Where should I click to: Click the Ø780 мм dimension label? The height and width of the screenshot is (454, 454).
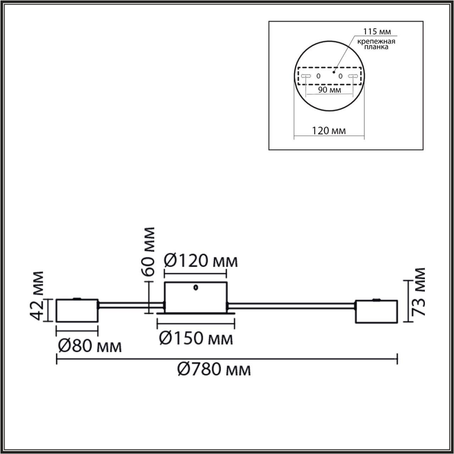pyautogui.click(x=213, y=370)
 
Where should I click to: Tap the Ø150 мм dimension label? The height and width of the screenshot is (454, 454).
pyautogui.click(x=196, y=338)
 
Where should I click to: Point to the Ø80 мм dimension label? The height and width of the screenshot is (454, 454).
pyautogui.click(x=89, y=347)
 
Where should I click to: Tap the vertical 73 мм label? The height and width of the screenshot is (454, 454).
pyautogui.click(x=418, y=291)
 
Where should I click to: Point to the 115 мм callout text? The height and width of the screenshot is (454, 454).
pyautogui.click(x=375, y=32)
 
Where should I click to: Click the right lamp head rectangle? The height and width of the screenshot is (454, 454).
pyautogui.click(x=376, y=311)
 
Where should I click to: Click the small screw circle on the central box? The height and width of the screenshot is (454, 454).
pyautogui.click(x=196, y=287)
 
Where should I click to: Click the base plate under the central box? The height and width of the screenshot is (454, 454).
pyautogui.click(x=196, y=313)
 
